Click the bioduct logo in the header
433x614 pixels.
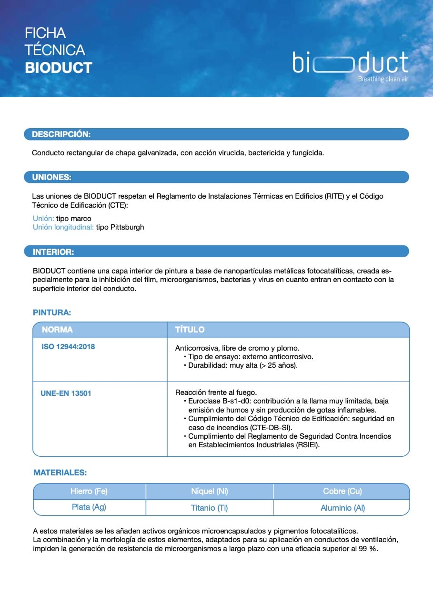(351, 63)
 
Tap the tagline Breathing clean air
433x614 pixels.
(383, 79)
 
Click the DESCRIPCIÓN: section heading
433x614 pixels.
(61, 134)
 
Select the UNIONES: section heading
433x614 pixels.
(51, 177)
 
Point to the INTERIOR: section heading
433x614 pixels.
(53, 252)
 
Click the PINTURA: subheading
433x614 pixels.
(52, 312)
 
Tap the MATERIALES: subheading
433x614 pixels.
(60, 473)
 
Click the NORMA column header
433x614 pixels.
(57, 330)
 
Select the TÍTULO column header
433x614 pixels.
(190, 330)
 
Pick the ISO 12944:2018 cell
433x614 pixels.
(68, 347)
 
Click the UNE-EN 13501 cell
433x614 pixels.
(66, 393)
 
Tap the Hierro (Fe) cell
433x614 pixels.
(89, 491)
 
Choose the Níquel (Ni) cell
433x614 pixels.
(210, 491)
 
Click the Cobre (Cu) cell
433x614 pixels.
(342, 491)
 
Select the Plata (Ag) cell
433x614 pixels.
(89, 507)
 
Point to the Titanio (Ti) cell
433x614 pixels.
(210, 508)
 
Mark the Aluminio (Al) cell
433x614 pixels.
(342, 508)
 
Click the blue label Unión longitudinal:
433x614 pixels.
(63, 227)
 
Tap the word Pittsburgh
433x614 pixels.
(127, 227)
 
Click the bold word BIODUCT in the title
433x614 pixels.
(59, 68)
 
